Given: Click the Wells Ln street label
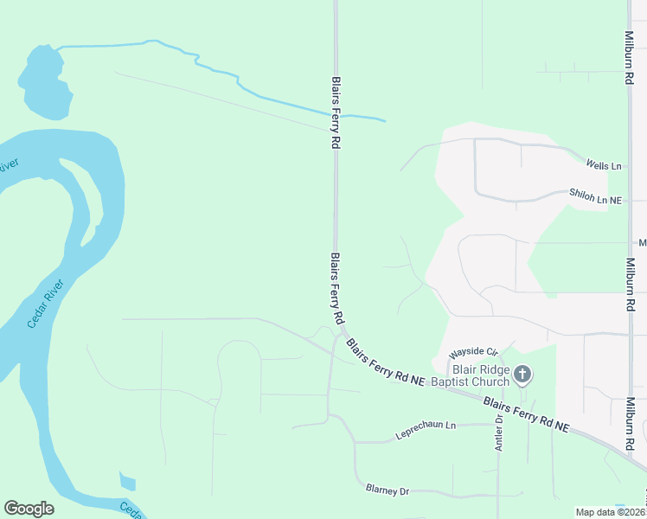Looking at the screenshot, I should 604,164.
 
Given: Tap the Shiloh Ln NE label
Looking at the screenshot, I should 595,199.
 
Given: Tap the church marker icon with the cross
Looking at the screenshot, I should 522,375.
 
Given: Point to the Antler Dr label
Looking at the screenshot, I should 499,431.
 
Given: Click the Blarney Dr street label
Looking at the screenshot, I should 387,490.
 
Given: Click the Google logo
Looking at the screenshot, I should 29,509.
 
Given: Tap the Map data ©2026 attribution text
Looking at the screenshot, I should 610,512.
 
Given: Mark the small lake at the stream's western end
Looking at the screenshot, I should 43,82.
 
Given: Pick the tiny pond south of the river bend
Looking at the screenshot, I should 128,482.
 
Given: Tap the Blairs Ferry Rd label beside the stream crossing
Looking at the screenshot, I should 335,113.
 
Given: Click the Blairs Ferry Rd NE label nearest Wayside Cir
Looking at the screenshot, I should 386,362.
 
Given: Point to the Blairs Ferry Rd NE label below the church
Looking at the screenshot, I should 527,414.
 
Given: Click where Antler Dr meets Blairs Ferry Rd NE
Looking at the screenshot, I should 499,400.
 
